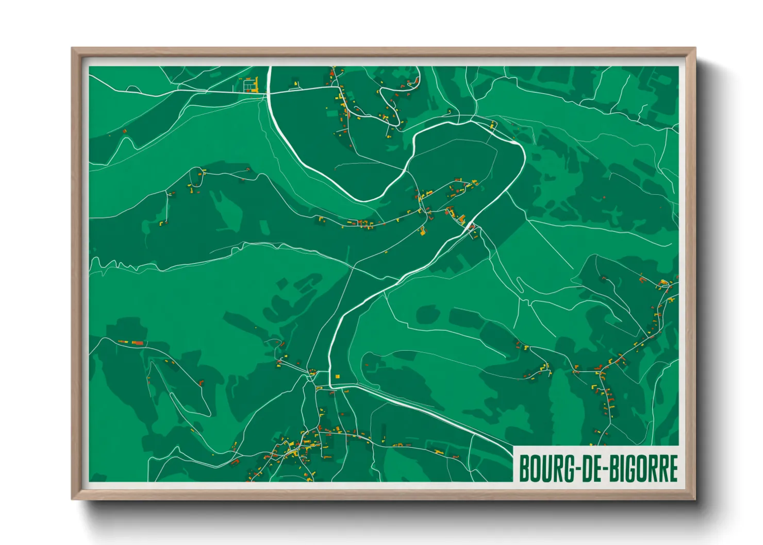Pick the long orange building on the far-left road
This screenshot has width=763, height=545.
(138, 342)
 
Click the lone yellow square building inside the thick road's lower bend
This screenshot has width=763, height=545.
(338, 376)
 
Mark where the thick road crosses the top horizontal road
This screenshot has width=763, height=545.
(269, 93)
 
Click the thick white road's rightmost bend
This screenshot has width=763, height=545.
(524, 155)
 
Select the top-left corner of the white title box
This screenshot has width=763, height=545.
(515, 447)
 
